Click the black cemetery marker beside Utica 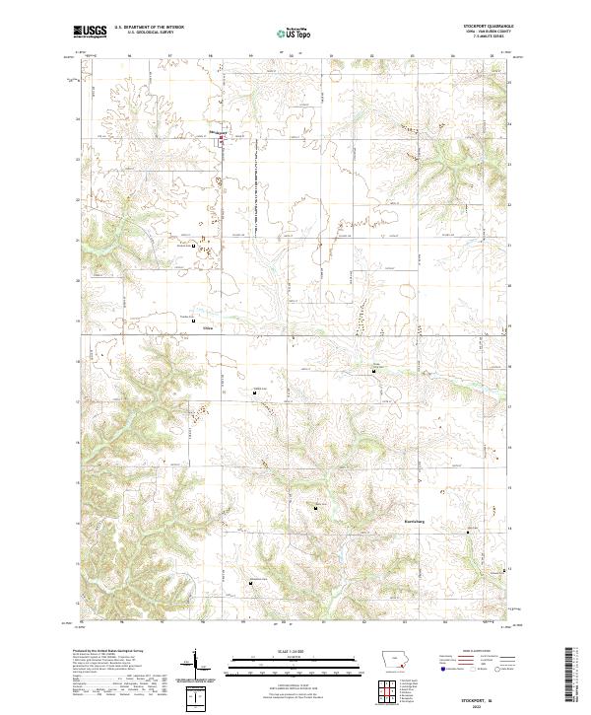193,322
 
